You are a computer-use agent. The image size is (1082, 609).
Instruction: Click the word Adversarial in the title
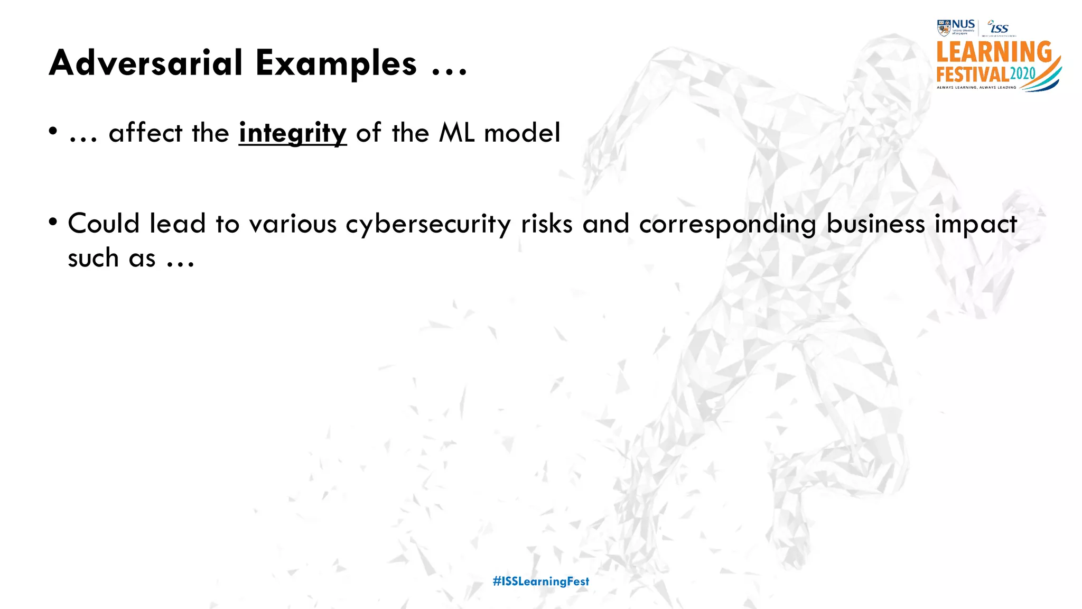146,63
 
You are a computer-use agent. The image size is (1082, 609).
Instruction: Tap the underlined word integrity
293,133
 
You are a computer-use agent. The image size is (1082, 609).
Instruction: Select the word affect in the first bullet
145,132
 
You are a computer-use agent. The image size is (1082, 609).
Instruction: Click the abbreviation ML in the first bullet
456,132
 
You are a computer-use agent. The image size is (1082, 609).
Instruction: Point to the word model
522,132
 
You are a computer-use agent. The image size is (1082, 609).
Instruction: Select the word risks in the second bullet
546,224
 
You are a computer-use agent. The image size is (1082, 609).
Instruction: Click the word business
875,224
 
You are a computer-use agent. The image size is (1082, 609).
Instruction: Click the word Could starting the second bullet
104,224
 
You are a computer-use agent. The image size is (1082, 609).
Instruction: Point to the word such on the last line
93,259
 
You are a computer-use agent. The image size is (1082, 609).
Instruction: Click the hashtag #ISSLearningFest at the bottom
540,582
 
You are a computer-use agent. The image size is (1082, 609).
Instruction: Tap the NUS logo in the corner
956,27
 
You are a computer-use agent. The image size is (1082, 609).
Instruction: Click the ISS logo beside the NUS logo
999,27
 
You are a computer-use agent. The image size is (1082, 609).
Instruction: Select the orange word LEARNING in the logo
993,53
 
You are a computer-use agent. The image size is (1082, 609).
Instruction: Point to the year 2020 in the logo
1022,74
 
